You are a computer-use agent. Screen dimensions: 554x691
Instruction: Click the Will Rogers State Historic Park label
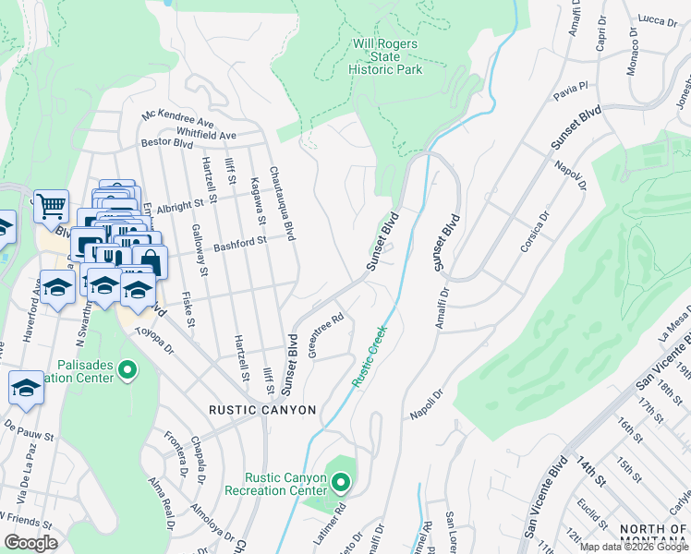point(385,56)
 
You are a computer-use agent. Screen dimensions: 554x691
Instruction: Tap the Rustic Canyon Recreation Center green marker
point(341,483)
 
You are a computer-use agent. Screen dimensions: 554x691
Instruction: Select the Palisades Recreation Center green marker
point(127,371)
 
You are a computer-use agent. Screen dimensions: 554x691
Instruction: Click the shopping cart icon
point(51,206)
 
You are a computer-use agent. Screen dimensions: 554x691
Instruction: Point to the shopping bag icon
point(150,261)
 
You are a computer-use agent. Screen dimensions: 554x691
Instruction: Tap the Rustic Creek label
point(369,355)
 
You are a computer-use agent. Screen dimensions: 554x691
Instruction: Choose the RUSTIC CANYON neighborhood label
point(262,410)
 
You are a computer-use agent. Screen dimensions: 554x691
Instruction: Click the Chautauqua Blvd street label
point(282,204)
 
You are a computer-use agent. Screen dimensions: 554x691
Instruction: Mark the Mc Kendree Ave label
point(177,119)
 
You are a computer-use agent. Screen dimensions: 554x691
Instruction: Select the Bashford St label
point(239,244)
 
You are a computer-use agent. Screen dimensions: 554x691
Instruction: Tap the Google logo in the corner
point(30,542)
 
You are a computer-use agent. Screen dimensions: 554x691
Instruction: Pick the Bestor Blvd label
point(166,144)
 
